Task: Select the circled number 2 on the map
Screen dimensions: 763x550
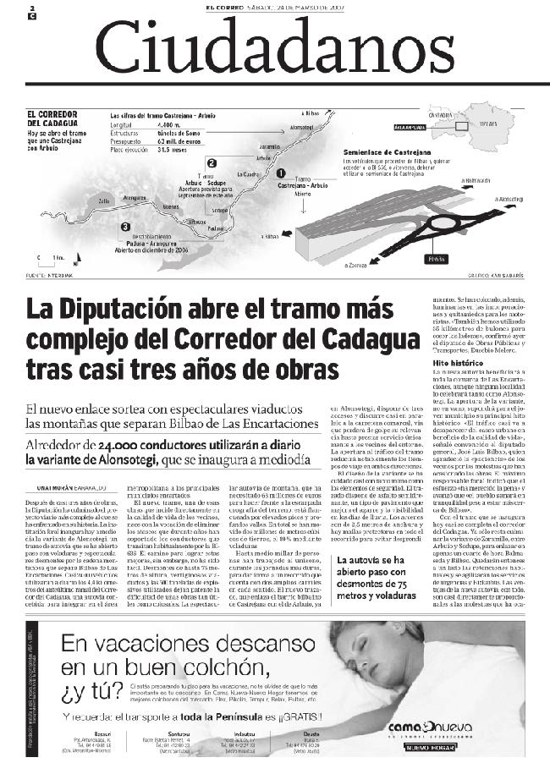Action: click(188, 162)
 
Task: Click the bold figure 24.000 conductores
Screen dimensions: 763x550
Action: click(144, 445)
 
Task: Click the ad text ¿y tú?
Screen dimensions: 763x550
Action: click(91, 694)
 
